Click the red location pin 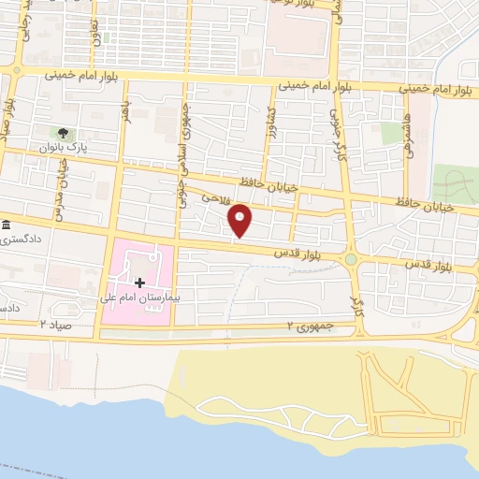click(x=240, y=221)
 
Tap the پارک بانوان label click(x=62, y=148)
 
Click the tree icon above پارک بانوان click(x=63, y=133)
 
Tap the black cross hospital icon click(x=139, y=282)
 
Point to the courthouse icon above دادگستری click(x=7, y=225)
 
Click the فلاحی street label click(x=214, y=197)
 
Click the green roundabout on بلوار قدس click(x=351, y=259)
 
